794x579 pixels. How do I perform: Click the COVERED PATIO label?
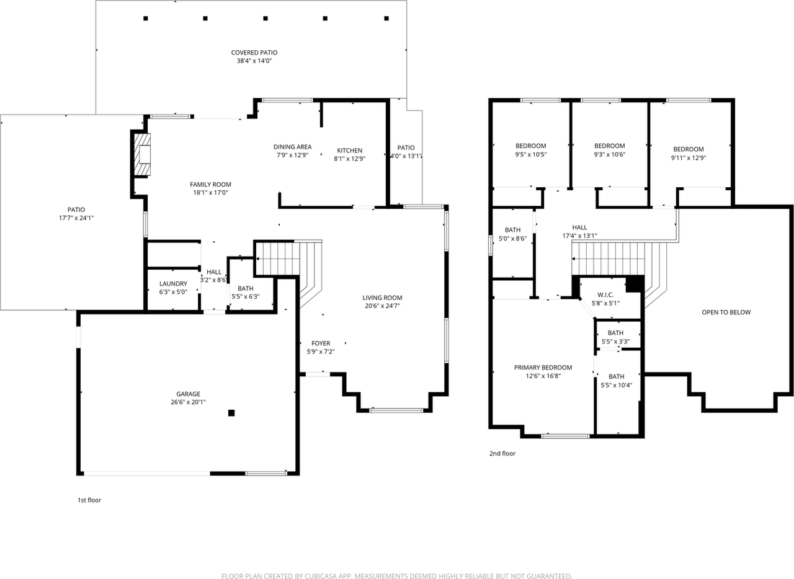pos(254,53)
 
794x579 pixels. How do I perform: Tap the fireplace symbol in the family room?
pos(143,154)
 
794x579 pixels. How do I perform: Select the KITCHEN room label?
pos(349,151)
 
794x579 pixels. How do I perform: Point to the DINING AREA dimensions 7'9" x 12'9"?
pos(292,156)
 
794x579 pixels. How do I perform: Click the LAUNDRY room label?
pos(173,284)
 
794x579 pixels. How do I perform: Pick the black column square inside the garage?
pos(231,413)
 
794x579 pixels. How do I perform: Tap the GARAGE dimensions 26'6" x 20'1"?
pos(188,402)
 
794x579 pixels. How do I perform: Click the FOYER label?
pos(321,343)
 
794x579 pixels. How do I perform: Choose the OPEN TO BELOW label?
pos(726,312)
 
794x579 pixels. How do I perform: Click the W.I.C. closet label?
pos(605,294)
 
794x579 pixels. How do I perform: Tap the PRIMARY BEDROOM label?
pos(543,368)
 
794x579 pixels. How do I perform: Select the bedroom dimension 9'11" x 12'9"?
pos(689,158)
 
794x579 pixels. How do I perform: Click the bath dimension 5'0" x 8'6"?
pos(512,238)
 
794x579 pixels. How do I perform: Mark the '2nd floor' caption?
pos(502,454)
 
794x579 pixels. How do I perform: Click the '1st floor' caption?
pos(89,500)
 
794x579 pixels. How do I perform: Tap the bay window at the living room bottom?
pos(396,410)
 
